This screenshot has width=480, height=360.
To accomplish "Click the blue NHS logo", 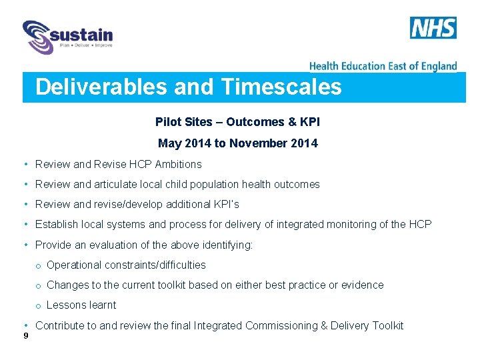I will (433, 28).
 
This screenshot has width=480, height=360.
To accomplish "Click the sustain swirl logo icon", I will (38, 36).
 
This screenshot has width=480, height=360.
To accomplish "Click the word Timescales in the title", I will (281, 87).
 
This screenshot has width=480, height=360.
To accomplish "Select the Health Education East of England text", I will (383, 65).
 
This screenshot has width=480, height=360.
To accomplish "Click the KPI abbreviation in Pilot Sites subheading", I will (310, 122).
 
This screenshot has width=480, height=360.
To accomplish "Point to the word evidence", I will (362, 285).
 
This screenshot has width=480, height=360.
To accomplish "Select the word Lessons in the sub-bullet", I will (65, 305).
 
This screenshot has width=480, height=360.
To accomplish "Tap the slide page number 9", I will (25, 335).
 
